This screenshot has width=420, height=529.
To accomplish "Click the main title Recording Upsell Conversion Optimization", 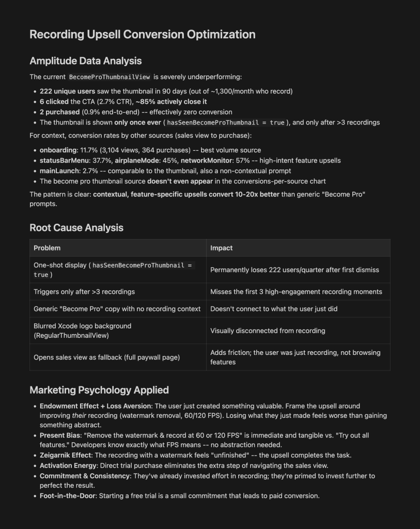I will click(142, 35).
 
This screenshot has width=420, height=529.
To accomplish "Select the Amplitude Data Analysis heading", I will click(85, 61).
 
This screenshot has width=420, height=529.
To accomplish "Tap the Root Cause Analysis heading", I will click(76, 228).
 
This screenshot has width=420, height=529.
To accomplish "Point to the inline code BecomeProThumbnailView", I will click(110, 77).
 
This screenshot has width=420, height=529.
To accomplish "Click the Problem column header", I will click(47, 248).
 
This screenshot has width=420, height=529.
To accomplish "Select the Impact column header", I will click(221, 248).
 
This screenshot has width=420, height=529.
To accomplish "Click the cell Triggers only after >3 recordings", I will click(84, 292).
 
